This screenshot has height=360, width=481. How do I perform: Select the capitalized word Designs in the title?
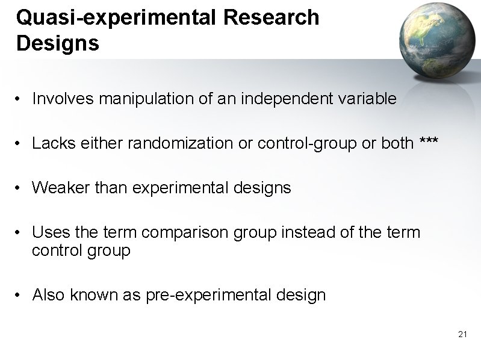click(x=58, y=43)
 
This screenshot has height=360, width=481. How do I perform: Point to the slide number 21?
click(x=462, y=334)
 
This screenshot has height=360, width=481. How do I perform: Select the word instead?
click(x=311, y=233)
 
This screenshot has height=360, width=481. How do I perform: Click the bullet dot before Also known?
click(x=20, y=296)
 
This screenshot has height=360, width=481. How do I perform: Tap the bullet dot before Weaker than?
click(x=20, y=188)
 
